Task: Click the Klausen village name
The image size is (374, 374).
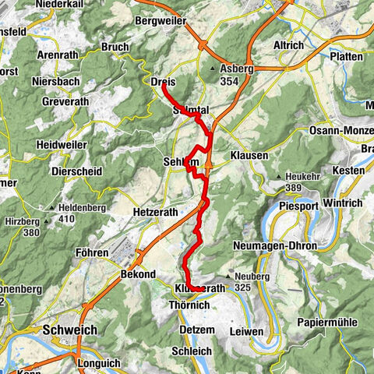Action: (x=249, y=156)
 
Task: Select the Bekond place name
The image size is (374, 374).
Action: (x=138, y=275)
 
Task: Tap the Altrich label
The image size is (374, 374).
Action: (x=288, y=45)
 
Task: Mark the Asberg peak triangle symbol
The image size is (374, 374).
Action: (x=212, y=69)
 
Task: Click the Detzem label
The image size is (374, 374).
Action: (x=183, y=330)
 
